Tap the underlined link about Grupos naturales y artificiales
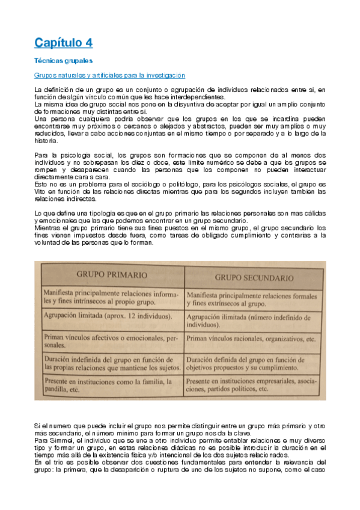coord(109,75)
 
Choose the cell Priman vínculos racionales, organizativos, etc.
coord(251,339)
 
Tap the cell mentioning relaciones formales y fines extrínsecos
coord(251,298)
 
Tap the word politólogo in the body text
coord(170,185)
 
